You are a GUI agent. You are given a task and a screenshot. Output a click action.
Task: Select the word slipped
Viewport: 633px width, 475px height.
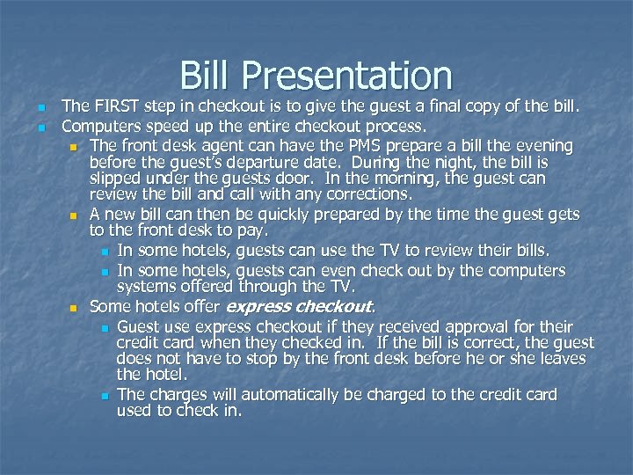117,179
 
